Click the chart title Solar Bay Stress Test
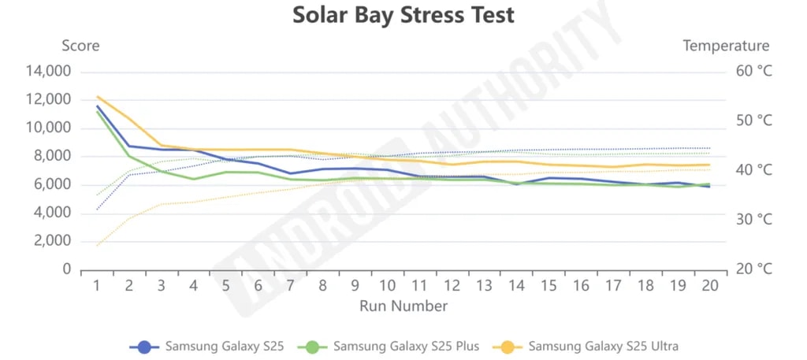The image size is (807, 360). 403,15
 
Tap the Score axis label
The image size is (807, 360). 80,46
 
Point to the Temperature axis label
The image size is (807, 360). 726,46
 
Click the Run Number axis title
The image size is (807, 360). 403,306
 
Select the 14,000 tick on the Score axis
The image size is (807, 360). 49,72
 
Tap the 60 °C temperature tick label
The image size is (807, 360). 754,72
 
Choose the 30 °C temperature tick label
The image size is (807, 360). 754,220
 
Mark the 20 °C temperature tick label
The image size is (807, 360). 754,269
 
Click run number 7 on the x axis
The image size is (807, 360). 290,285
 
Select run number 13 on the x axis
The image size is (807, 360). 483,285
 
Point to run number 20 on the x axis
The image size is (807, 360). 709,285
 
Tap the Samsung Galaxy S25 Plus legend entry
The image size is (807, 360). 405,346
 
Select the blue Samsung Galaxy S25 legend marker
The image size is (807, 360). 144,346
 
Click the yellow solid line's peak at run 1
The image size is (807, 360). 97,97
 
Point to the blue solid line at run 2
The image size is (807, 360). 129,146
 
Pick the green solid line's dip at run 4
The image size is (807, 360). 193,179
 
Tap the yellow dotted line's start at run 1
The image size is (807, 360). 97,246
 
